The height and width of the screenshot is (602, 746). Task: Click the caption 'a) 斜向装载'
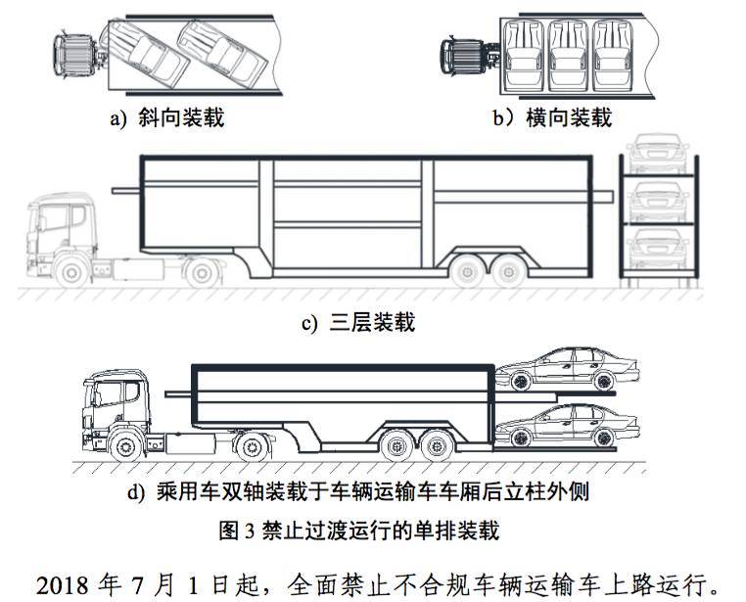click(x=166, y=118)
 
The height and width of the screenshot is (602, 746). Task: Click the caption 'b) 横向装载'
click(x=552, y=118)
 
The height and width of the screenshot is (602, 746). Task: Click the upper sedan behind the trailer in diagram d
click(x=567, y=370)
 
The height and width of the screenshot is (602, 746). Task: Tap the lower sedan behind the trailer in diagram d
click(x=567, y=429)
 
